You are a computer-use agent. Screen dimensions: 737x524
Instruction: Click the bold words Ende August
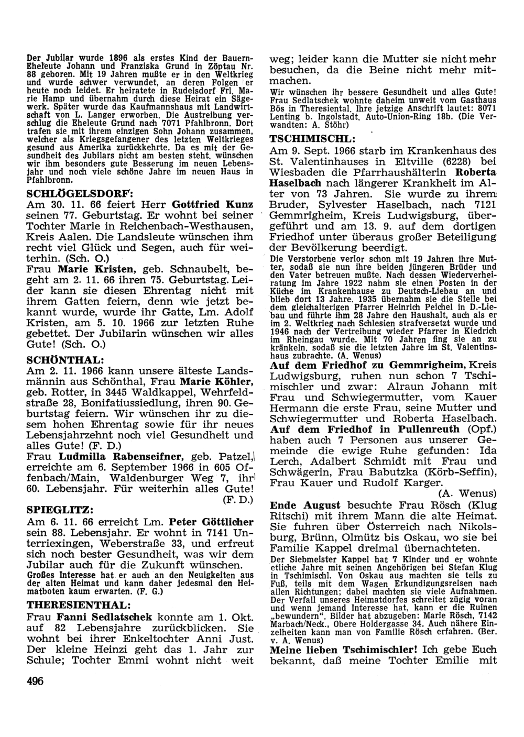[305, 505]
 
